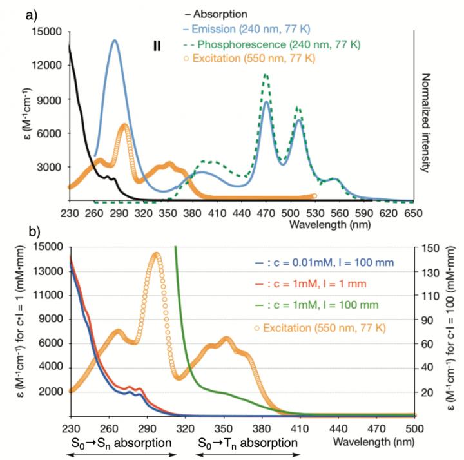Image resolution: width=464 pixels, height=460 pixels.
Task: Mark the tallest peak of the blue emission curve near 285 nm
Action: [x=115, y=41]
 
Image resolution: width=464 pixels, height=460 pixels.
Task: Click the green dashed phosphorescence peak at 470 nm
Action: [x=266, y=75]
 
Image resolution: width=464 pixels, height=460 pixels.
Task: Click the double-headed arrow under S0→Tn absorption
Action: [x=247, y=455]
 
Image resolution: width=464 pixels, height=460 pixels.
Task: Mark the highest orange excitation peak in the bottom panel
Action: [x=157, y=254]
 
